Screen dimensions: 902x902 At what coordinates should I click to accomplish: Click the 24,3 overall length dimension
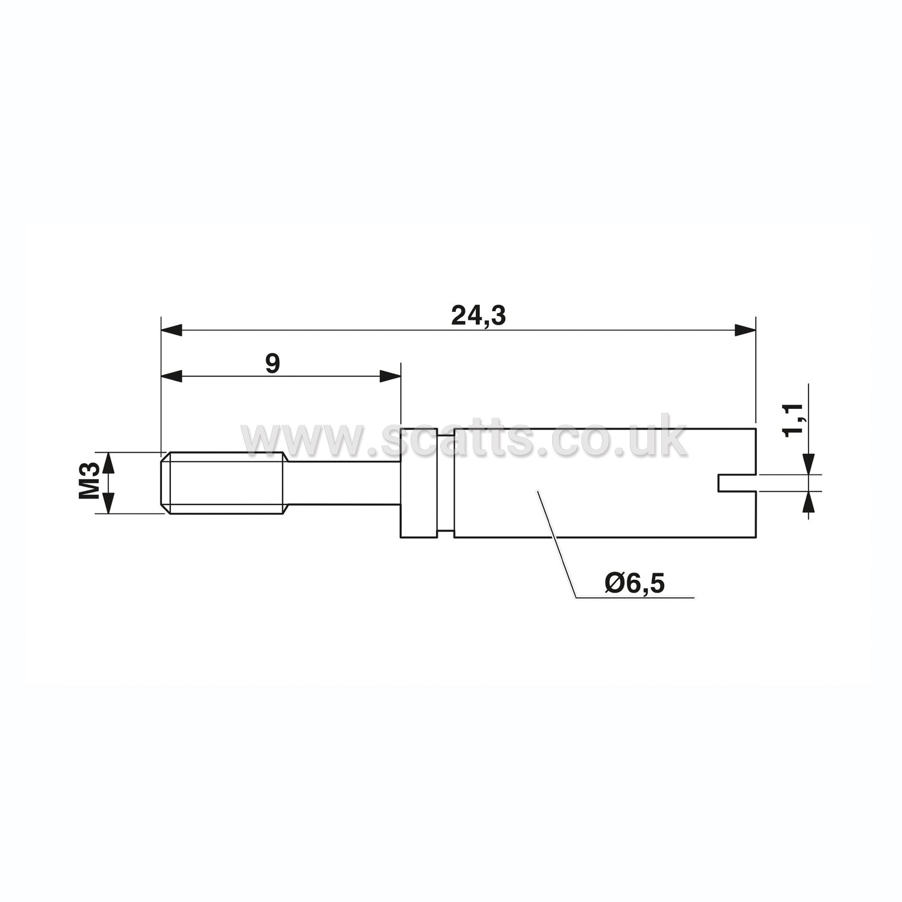tap(479, 316)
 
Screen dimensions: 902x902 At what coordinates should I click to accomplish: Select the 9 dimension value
tap(273, 364)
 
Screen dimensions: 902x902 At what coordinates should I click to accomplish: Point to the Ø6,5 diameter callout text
tap(635, 583)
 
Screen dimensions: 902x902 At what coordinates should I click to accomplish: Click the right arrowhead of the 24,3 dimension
tap(744, 330)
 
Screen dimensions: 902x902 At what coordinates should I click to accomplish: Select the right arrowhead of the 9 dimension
tap(390, 376)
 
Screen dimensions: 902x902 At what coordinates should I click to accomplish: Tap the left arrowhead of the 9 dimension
tap(172, 376)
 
